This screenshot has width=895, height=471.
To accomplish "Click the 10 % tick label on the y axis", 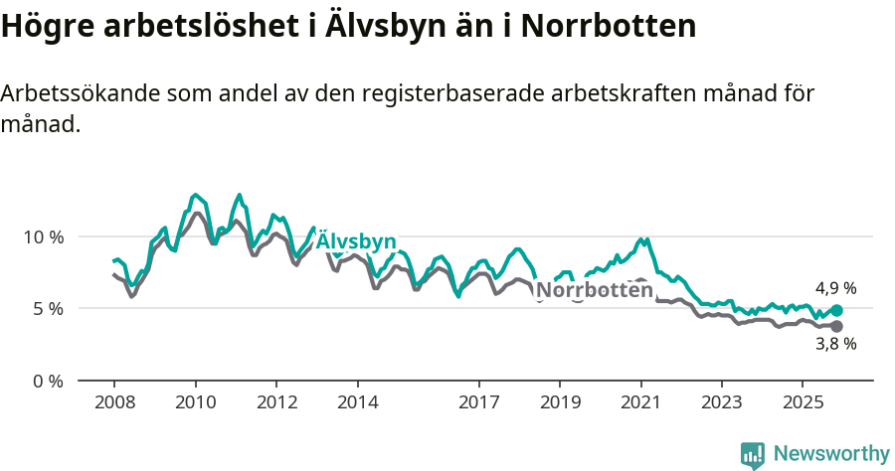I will (x=42, y=236).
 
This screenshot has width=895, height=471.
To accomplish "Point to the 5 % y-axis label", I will (x=46, y=308).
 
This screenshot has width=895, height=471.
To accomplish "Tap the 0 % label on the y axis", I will (x=46, y=381).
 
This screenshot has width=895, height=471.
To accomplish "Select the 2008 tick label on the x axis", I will (x=114, y=402).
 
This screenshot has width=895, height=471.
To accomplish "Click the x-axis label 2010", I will (x=195, y=402).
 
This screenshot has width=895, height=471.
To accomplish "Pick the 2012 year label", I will (x=276, y=402).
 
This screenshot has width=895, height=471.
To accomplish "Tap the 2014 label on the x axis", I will (x=357, y=402).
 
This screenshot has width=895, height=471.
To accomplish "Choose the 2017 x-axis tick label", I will (x=478, y=402).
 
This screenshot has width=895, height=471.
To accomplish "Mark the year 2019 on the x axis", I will (x=560, y=402).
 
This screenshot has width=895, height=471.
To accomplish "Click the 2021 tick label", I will (x=640, y=402).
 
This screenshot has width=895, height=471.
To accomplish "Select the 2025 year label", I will (x=803, y=402).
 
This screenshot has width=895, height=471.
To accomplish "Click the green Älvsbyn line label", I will (x=356, y=242).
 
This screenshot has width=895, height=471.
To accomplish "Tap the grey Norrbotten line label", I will (x=595, y=290).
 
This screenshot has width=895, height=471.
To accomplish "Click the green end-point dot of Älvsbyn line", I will (x=836, y=311).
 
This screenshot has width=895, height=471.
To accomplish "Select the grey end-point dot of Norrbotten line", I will (x=836, y=326).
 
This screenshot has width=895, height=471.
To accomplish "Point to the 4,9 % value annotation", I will (x=835, y=288).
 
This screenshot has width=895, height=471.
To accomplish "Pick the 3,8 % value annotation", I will (x=835, y=344).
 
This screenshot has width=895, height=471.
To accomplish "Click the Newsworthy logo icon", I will (x=753, y=454).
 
